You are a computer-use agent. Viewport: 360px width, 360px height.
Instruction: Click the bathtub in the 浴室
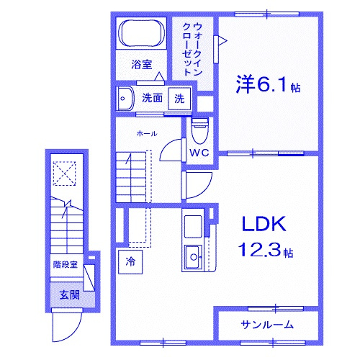point(142,33)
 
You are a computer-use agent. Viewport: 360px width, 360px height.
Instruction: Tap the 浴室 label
point(142,64)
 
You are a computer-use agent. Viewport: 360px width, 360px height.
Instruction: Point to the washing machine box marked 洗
point(179,99)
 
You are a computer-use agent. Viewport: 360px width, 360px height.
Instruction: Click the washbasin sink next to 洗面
point(125,99)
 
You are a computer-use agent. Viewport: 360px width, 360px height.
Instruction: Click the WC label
point(199,153)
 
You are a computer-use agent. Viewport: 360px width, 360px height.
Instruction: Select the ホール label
point(147,133)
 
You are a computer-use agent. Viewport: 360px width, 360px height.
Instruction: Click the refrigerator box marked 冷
point(130,262)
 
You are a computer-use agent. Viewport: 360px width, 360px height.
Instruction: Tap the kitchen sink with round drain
point(193,257)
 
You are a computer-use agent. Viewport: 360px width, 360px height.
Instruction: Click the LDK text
point(264,224)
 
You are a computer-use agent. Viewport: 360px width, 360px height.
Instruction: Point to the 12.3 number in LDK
point(259,249)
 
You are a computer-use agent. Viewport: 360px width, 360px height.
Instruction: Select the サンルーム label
point(267,325)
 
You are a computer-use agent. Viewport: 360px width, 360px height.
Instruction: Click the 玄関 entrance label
point(69,295)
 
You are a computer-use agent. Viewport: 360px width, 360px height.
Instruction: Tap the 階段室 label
point(66,264)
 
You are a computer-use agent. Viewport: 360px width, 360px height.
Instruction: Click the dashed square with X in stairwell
point(64,174)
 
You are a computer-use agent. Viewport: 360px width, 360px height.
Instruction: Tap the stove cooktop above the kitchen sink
point(193,226)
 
